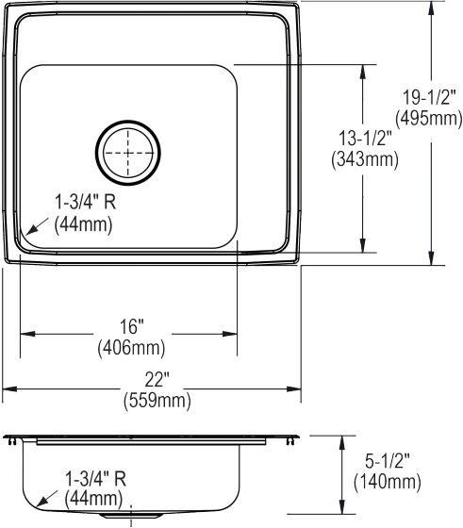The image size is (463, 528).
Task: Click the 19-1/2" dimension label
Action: (x=429, y=98)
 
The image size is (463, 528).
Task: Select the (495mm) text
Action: (x=429, y=119)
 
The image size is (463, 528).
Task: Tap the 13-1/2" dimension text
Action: (x=365, y=139)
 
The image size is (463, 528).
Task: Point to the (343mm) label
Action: (x=365, y=159)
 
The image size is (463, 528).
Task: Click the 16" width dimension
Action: (x=132, y=326)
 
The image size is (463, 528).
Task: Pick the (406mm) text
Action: (x=131, y=348)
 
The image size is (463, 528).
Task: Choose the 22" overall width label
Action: (x=157, y=380)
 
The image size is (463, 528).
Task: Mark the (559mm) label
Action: (x=157, y=401)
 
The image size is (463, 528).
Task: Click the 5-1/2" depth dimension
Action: (x=388, y=461)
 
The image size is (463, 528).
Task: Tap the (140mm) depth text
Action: (x=388, y=482)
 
